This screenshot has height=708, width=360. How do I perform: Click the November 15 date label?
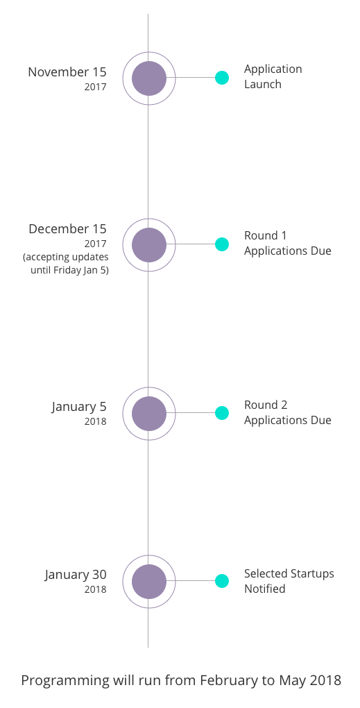pos(67,72)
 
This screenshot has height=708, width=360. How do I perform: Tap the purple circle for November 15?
pos(149,78)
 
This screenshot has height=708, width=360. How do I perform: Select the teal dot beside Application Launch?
pos(221,78)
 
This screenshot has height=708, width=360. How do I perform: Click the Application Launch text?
pos(273,77)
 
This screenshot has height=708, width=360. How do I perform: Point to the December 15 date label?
pos(68,229)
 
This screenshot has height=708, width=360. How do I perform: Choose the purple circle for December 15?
pos(149,245)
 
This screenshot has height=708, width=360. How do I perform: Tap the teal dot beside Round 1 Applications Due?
pos(221,244)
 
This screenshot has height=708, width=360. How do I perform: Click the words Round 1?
pos(265,236)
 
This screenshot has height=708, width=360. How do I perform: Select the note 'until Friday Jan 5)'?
pos(69,271)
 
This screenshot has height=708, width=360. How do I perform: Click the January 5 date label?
pos(79,406)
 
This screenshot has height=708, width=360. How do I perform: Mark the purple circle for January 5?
pos(149,413)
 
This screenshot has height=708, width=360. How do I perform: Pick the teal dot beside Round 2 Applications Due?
pos(221,413)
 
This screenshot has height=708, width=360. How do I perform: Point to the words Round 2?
pos(266,405)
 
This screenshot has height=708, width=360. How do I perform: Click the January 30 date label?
pos(76,575)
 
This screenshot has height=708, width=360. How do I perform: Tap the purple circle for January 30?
pos(149,582)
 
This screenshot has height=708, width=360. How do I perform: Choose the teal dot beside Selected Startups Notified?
pos(221,581)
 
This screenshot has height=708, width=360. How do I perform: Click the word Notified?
pos(265,589)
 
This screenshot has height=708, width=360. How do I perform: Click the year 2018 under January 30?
pos(95,590)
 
